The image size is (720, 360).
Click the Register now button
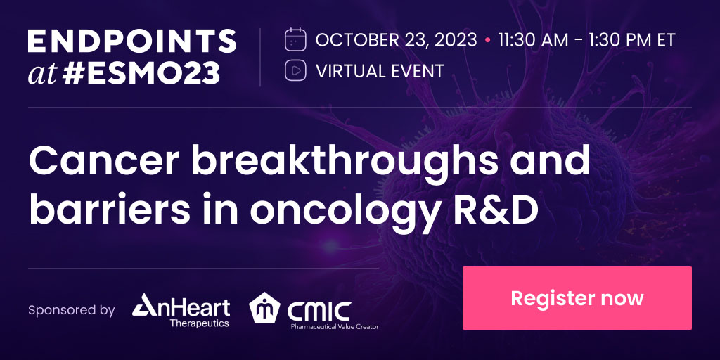click(577, 297)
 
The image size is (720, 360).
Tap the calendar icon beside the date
click(295, 39)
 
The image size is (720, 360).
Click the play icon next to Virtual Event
click(295, 70)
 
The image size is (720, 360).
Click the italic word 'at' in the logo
click(41, 73)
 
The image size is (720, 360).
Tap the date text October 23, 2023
click(396, 39)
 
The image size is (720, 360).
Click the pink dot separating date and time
click(487, 40)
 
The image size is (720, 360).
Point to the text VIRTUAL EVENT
click(380, 71)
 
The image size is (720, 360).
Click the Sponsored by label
click(71, 310)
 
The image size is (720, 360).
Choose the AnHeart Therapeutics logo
click(181, 310)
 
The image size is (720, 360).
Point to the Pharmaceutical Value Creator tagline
click(335, 326)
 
